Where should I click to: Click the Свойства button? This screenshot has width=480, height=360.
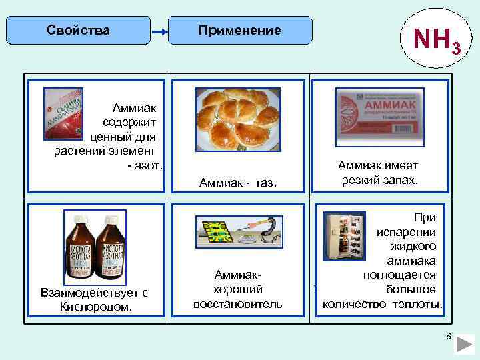tap(79, 31)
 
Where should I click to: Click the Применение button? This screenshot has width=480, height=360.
tap(240, 31)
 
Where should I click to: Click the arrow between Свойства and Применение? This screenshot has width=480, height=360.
tap(158, 32)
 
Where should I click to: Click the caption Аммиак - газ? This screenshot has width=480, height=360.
tap(238, 182)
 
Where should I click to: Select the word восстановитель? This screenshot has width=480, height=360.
tap(237, 304)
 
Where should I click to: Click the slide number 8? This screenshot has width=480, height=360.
tap(449, 337)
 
